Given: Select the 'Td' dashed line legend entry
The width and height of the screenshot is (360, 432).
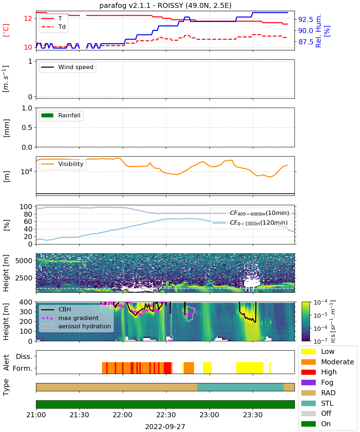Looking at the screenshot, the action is pyautogui.click(x=53, y=27).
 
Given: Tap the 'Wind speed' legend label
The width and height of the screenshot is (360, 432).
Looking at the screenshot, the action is pyautogui.click(x=76, y=67).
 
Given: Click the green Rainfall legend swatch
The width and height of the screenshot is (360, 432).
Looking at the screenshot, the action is pyautogui.click(x=48, y=115).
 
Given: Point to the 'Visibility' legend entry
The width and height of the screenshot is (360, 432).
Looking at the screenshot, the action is pyautogui.click(x=62, y=164).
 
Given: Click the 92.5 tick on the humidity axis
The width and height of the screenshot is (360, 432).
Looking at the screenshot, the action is pyautogui.click(x=305, y=19).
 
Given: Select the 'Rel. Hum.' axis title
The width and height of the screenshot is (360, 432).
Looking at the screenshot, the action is pyautogui.click(x=318, y=31).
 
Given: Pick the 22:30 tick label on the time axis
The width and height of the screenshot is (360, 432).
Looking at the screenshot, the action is pyautogui.click(x=166, y=415).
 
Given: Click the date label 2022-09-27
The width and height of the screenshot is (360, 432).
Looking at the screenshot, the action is pyautogui.click(x=165, y=426).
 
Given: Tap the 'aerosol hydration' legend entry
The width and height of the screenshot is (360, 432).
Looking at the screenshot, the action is pyautogui.click(x=76, y=326).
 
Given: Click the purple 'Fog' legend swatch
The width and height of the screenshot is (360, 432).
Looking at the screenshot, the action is pyautogui.click(x=308, y=382).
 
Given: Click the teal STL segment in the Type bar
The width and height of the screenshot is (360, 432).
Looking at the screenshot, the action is pyautogui.click(x=240, y=387).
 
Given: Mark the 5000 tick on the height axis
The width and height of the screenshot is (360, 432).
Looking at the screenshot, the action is pyautogui.click(x=24, y=261).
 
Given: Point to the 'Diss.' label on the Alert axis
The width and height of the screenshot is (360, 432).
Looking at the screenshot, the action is pyautogui.click(x=24, y=356).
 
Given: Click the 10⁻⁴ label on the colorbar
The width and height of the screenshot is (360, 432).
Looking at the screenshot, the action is pyautogui.click(x=320, y=302).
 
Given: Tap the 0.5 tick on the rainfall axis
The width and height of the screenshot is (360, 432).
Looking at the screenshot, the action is pyautogui.click(x=27, y=128).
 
